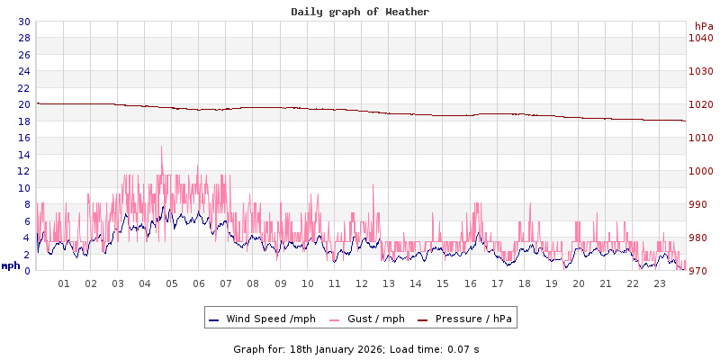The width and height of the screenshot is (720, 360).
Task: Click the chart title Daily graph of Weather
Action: point(360,12)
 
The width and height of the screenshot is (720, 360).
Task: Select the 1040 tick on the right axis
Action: point(700,38)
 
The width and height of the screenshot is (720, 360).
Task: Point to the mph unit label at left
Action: point(11,265)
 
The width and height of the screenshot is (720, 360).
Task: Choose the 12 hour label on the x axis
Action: point(362,283)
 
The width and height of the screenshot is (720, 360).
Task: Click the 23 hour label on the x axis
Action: point(660,283)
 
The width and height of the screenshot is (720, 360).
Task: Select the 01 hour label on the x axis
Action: point(64,283)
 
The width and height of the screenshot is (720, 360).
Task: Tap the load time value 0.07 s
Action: point(463,348)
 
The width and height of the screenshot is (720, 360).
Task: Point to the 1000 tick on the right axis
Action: point(700,171)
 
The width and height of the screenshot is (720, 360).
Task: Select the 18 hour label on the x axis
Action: point(525,283)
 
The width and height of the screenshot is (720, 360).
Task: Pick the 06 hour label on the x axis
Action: point(199,283)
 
